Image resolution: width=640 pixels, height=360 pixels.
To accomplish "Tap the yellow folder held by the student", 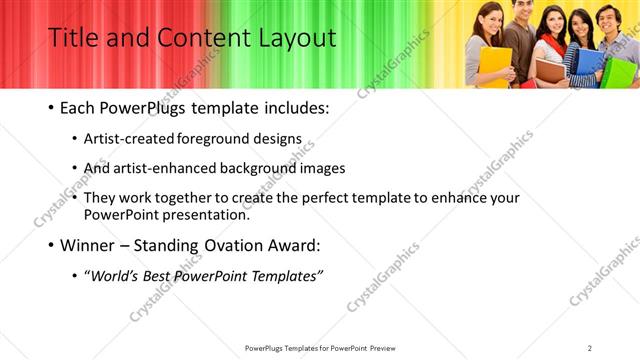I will click(x=494, y=66).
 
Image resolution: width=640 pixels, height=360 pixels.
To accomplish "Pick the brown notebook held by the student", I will click(x=548, y=67).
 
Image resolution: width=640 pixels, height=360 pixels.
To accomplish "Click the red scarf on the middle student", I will click(x=549, y=46).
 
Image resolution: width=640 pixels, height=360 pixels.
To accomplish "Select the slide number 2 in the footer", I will click(x=589, y=348).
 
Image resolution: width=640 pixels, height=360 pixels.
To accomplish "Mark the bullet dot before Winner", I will click(x=51, y=245).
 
